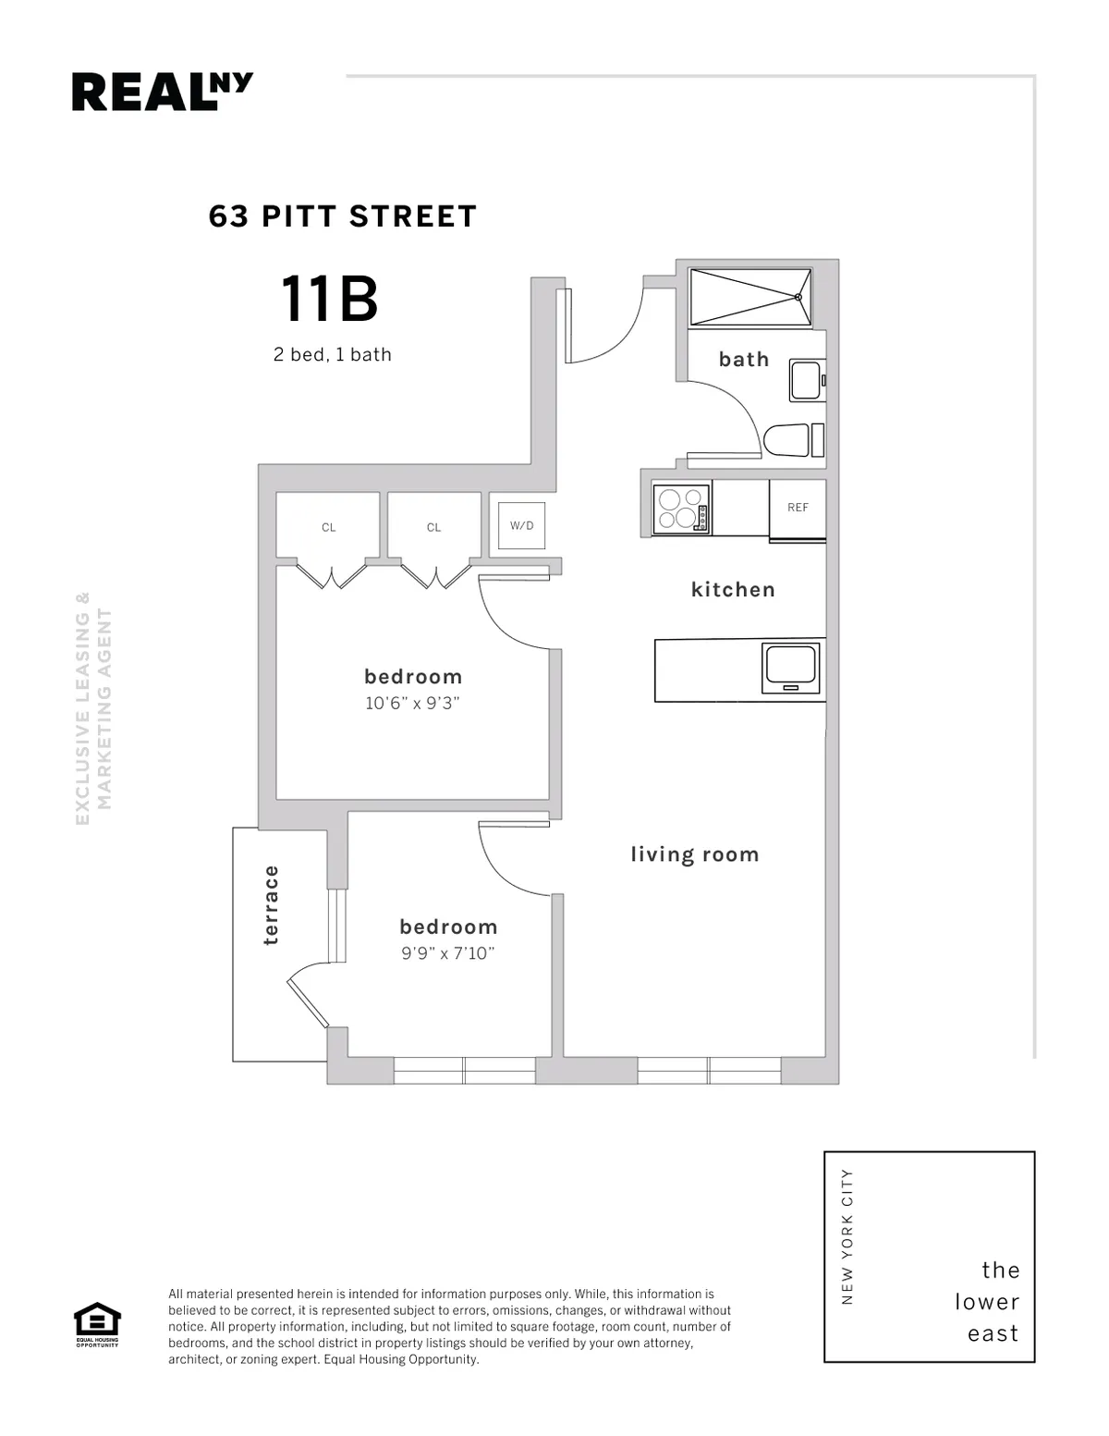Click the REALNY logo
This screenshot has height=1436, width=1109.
coord(163,92)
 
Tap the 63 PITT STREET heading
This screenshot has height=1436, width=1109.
coord(343,216)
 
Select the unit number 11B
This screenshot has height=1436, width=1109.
coord(329,300)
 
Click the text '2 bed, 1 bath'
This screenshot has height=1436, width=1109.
coord(333,355)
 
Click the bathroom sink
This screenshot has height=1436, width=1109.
coord(806,380)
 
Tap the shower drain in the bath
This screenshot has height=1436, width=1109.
coord(798,297)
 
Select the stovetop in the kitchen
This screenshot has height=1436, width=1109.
coord(682,509)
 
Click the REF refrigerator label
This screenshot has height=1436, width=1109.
coord(798,508)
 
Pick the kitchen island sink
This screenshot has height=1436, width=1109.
coord(790,669)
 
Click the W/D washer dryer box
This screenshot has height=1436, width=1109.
coord(522,525)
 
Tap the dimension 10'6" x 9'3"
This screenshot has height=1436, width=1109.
coord(412,703)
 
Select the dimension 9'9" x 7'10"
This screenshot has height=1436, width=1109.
coord(448,953)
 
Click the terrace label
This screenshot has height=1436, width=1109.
coord(270,904)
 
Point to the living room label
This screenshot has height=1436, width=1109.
coord(695,854)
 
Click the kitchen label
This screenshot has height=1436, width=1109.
coord(733,589)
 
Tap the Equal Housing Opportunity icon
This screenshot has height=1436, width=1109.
coord(97,1324)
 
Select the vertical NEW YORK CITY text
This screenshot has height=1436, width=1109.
coord(847,1237)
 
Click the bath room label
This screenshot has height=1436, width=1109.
coord(744,360)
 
